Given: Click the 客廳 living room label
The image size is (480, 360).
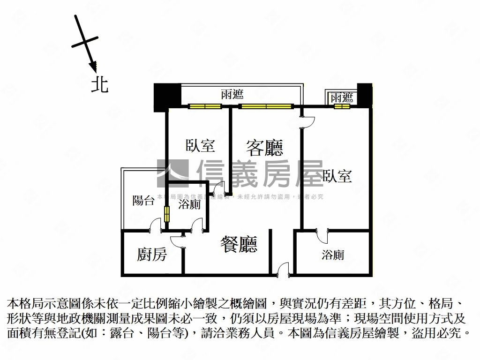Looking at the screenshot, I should pos(264,148).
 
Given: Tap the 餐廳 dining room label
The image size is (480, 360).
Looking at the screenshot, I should pos(239,244).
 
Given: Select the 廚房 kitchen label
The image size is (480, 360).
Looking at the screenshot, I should pos(152,255).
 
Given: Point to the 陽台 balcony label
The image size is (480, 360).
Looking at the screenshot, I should pos(143,201).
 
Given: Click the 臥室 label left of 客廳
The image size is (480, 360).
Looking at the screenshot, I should pos(200,146).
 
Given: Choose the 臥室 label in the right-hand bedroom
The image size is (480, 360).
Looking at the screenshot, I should pos(337,176).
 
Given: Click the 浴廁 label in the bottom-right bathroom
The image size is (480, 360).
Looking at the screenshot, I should pos(333,255).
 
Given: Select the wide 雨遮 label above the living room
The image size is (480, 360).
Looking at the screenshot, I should pos(232,95).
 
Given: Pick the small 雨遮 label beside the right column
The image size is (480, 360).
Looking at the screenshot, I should pos(341,97).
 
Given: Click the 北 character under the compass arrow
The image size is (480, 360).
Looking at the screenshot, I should pos(99,84).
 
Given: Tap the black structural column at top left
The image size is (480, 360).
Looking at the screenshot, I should pos(167,96).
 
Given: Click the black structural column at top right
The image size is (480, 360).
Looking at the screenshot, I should pos(364,95).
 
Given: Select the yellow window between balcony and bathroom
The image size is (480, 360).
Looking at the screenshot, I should pos(167,215).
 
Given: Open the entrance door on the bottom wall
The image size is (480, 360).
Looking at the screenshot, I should pos(283,270).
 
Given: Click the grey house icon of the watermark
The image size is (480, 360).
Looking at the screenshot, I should pos(172,173).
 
